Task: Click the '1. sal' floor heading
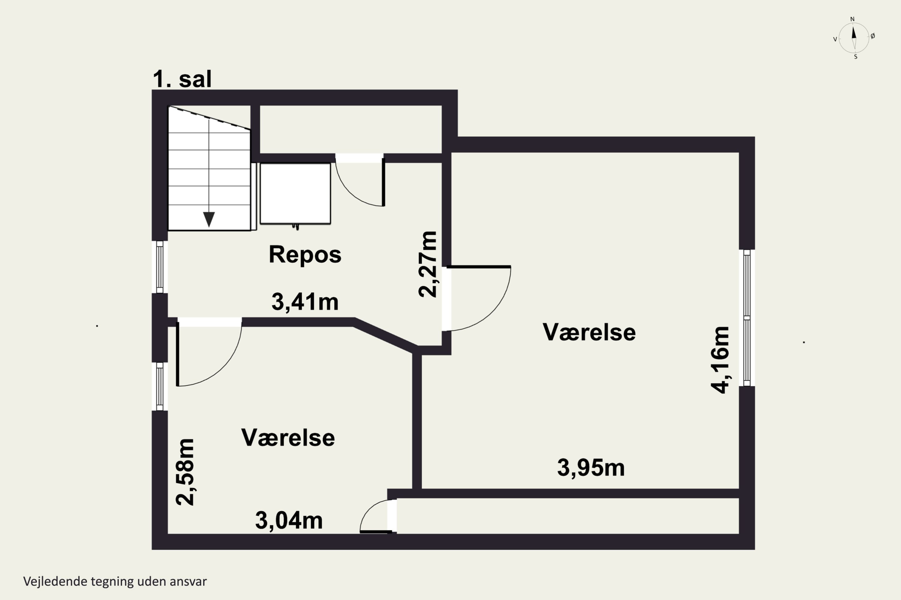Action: click(x=182, y=79)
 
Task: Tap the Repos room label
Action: click(x=305, y=254)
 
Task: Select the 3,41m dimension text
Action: click(x=305, y=301)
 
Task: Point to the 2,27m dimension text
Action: click(x=427, y=264)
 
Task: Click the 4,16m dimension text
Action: click(x=720, y=360)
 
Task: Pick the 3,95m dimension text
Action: click(x=591, y=468)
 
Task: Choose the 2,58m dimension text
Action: click(x=185, y=472)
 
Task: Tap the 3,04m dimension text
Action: click(x=289, y=520)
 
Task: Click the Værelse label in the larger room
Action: click(x=589, y=332)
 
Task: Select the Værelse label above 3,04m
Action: click(x=288, y=438)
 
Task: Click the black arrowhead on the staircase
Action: click(x=209, y=219)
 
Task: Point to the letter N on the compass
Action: click(x=852, y=19)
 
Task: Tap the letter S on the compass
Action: click(x=856, y=57)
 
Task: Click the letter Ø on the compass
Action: click(x=873, y=36)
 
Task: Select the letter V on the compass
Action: click(x=835, y=39)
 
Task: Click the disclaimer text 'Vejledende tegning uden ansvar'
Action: click(x=115, y=581)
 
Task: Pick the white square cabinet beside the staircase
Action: click(x=295, y=193)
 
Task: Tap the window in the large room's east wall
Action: click(x=747, y=318)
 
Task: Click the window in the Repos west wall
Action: click(x=160, y=267)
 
